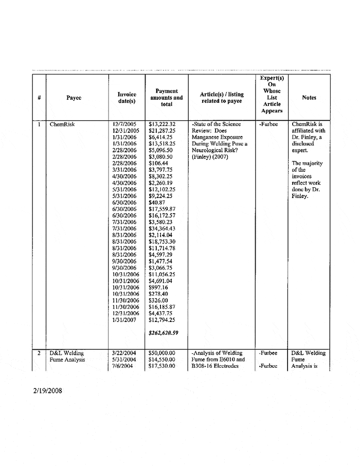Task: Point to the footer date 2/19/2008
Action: click(x=45, y=391)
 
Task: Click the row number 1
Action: click(x=39, y=124)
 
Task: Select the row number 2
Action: click(x=39, y=353)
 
